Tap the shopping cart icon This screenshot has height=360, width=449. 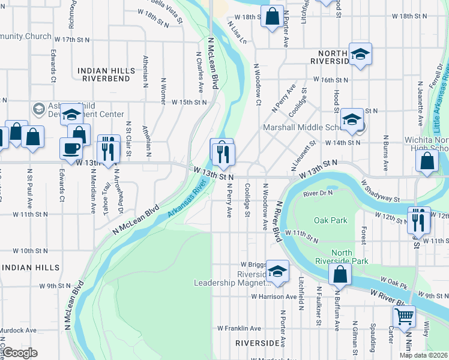tap(404, 315)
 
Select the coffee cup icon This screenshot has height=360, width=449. tap(71, 148)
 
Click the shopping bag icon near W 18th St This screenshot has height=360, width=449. tap(272, 17)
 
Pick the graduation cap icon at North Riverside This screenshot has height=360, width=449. tap(360, 54)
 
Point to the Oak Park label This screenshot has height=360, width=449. tap(331, 220)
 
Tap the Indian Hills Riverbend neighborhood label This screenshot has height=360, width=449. tap(104, 74)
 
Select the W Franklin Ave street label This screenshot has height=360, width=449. tap(239, 328)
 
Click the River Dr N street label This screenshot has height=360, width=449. tap(318, 194)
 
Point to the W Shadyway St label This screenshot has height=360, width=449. tap(381, 190)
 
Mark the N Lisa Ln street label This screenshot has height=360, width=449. tap(237, 32)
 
